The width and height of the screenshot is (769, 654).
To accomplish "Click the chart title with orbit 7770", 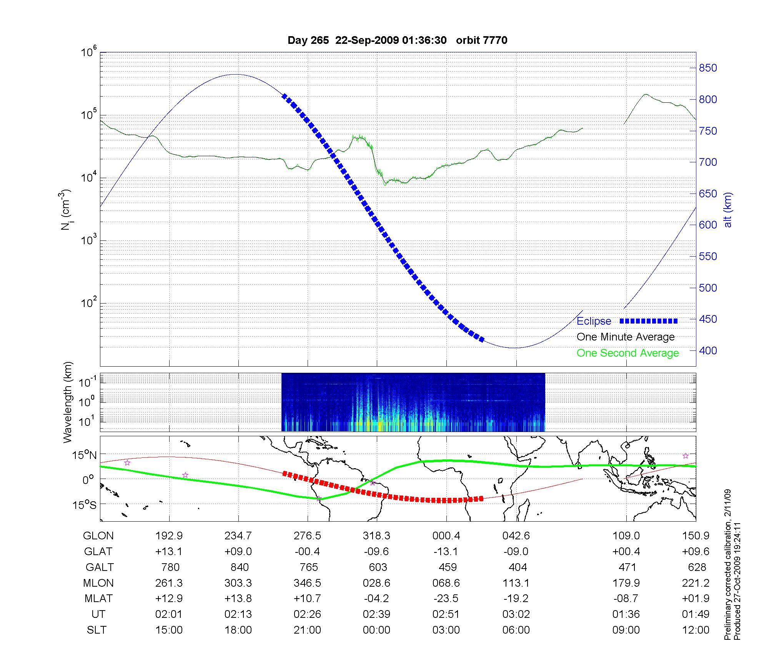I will (397, 40).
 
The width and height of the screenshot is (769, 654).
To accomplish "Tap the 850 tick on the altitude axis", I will (707, 68).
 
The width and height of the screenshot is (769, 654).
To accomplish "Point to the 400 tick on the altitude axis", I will (707, 350).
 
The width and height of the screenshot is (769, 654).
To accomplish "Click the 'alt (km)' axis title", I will (727, 209).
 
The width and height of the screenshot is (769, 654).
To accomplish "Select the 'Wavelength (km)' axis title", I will (68, 402).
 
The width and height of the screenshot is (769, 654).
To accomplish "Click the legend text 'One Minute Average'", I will (626, 337).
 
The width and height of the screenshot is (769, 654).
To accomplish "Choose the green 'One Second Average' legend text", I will (628, 353).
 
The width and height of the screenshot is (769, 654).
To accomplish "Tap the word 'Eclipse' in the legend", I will (594, 321).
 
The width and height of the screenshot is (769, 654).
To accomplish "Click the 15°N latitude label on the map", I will (85, 455).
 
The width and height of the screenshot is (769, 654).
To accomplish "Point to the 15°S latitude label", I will (85, 504).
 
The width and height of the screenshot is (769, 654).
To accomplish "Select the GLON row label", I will (98, 536).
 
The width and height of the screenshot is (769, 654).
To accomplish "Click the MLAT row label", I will (98, 599).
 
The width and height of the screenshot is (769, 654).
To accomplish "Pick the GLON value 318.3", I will (376, 536).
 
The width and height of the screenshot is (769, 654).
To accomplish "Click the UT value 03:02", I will (516, 614).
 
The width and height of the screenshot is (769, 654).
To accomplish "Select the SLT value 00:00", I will (376, 630).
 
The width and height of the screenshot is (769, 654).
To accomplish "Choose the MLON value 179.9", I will (626, 583).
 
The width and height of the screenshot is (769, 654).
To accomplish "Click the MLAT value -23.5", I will (446, 599).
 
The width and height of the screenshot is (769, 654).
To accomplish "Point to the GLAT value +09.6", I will (696, 552).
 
